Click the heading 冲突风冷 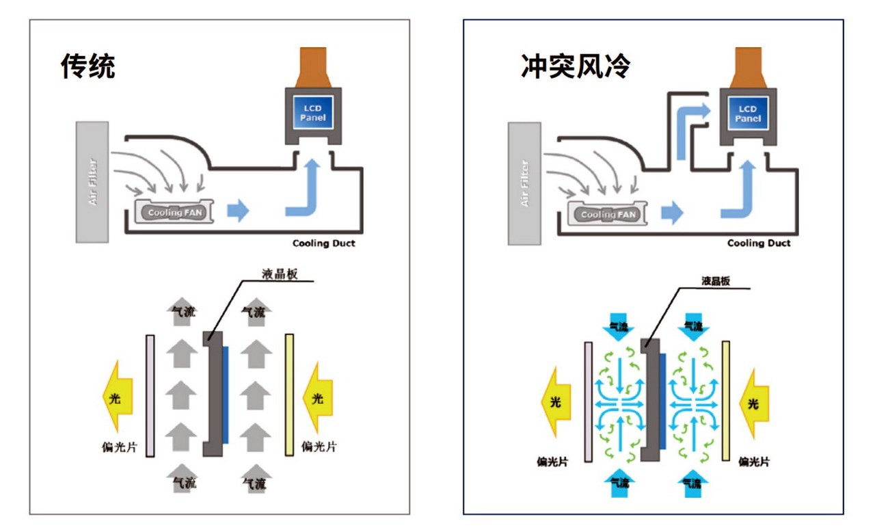[x=574, y=66]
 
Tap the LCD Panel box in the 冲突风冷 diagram [x=748, y=114]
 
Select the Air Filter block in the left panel [x=92, y=181]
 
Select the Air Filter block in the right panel [x=524, y=183]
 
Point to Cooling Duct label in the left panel [x=324, y=243]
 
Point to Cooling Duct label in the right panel [x=759, y=243]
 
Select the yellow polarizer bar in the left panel [x=289, y=395]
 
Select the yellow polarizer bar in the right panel [x=725, y=401]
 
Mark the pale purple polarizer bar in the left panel [x=150, y=395]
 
